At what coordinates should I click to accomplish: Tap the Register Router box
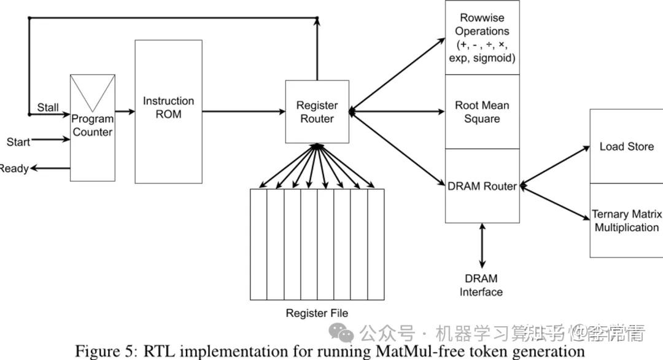click(x=317, y=112)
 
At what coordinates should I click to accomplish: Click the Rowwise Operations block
click(x=482, y=37)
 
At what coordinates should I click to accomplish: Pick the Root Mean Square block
click(x=482, y=112)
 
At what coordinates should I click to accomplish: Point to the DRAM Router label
click(x=482, y=186)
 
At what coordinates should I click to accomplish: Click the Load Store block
click(x=626, y=146)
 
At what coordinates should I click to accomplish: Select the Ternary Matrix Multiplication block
click(x=626, y=221)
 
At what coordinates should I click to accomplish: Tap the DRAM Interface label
click(x=481, y=286)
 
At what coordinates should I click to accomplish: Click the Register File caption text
click(x=317, y=313)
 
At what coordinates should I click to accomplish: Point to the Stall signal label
click(x=48, y=108)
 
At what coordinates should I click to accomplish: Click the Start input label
click(x=18, y=142)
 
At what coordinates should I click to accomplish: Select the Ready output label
click(x=14, y=168)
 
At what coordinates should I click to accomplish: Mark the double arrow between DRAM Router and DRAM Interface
click(x=482, y=244)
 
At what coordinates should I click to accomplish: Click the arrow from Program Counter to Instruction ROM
click(x=125, y=112)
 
